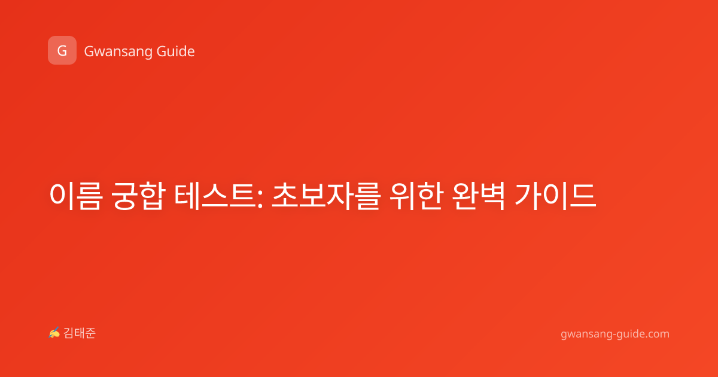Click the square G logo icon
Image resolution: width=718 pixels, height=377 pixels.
point(62,50)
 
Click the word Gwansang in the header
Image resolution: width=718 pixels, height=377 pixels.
point(118,52)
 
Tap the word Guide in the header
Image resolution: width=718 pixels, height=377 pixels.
point(176,51)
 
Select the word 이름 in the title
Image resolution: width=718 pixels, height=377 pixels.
point(76,196)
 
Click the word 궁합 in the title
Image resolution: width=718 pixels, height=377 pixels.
point(138,196)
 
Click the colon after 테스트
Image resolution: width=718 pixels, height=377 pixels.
point(260,199)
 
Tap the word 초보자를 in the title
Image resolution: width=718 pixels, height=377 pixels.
point(326,196)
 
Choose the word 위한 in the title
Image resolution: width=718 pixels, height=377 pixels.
point(416,196)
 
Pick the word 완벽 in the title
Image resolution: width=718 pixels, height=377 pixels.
point(479,196)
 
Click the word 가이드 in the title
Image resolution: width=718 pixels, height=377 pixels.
point(555,196)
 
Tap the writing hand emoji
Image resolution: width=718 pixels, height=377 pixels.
point(54,333)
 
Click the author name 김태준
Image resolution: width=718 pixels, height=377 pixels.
point(80,333)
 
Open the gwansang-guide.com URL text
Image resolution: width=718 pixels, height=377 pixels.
point(615,334)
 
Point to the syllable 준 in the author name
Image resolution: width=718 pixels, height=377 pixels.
point(90,333)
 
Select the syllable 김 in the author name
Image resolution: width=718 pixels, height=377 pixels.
point(69,333)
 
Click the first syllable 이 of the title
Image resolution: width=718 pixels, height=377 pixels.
point(62,196)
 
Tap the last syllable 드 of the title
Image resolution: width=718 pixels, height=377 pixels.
point(583,196)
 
